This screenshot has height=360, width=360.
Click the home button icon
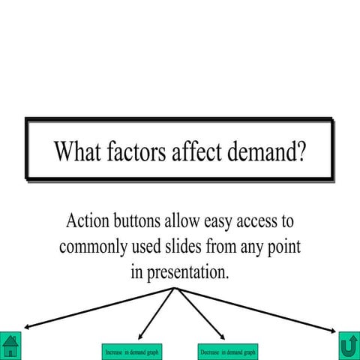point(10,346)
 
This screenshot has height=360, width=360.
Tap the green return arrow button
point(349,346)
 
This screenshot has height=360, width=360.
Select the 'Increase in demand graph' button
point(131,351)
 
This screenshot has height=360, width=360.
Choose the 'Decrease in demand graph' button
point(228,351)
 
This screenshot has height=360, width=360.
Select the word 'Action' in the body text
point(89,222)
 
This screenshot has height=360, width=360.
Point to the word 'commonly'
point(93,247)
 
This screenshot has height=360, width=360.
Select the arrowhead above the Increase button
point(140,335)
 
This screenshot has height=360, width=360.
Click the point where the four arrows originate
point(175,288)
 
